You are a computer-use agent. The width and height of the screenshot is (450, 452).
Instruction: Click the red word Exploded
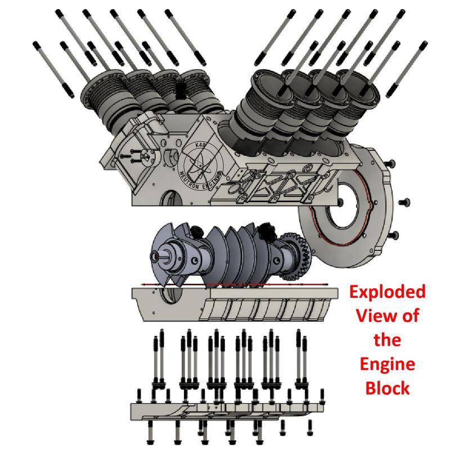point(387,292)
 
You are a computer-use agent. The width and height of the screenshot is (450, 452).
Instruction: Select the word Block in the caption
point(388,388)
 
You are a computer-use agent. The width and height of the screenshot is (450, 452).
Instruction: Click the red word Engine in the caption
point(388,365)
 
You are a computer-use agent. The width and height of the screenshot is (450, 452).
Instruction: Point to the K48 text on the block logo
point(199,145)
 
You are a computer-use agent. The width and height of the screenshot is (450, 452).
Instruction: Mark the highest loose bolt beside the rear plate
point(389,163)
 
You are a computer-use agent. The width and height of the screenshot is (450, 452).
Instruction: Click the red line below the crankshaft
point(225,285)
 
